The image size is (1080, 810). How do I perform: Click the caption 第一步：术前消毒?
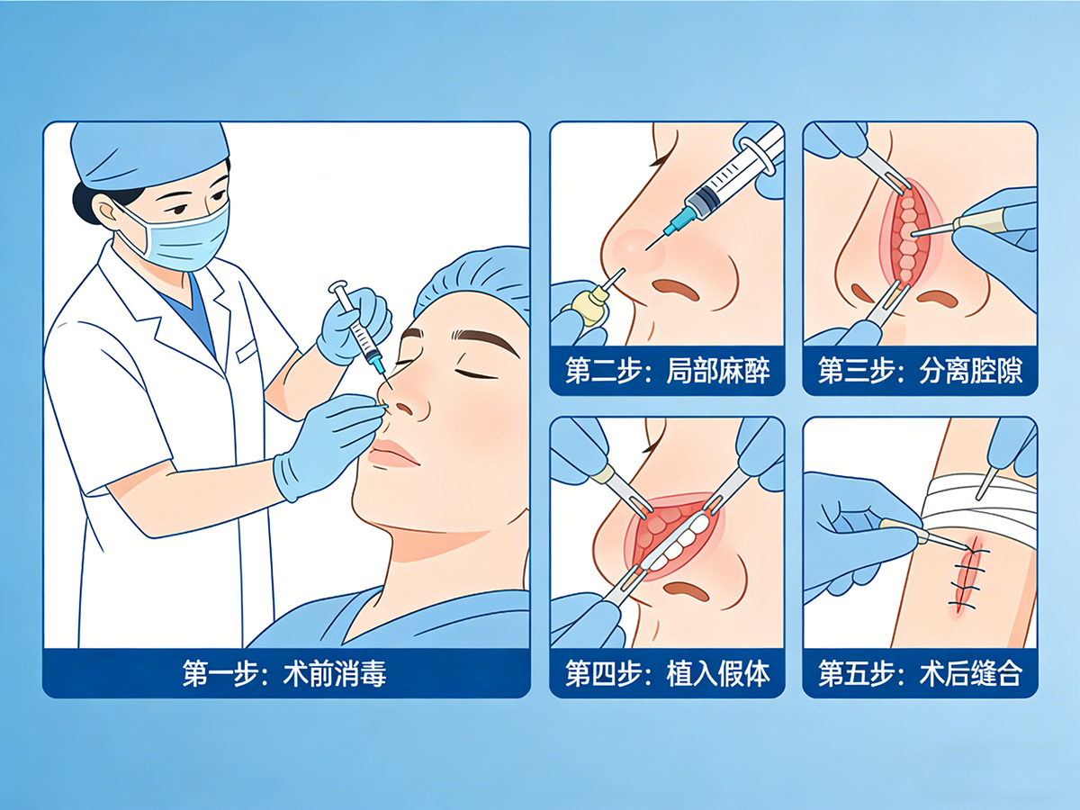285,674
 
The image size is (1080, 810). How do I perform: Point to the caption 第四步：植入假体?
668,674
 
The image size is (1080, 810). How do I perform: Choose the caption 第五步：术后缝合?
920,674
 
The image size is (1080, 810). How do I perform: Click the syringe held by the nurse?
358,329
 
